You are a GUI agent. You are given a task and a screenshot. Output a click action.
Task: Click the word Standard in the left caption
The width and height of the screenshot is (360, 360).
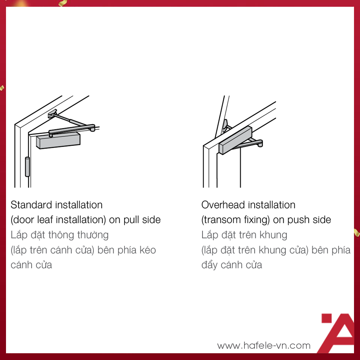31,205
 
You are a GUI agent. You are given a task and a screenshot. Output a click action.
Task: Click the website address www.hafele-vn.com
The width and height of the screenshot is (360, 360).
264,345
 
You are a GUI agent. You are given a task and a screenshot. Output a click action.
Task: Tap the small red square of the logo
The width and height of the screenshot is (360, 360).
327,318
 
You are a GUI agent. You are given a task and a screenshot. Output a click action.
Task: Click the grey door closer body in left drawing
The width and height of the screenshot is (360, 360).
58,140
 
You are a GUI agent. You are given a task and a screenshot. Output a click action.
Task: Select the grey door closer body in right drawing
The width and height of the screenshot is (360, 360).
235,140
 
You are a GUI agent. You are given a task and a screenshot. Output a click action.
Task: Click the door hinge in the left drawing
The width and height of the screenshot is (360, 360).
27,166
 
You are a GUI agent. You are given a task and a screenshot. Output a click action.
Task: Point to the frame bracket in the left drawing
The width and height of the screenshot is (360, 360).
52,114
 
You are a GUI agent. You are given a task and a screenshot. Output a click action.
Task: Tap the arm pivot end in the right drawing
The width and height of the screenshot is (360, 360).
259,144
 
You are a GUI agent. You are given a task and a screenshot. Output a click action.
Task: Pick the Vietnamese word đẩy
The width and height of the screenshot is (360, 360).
209,264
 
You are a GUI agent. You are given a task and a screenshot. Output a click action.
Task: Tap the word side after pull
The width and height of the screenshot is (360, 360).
151,220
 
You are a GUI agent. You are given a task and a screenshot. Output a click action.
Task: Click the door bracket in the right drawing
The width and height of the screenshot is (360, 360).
225,126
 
